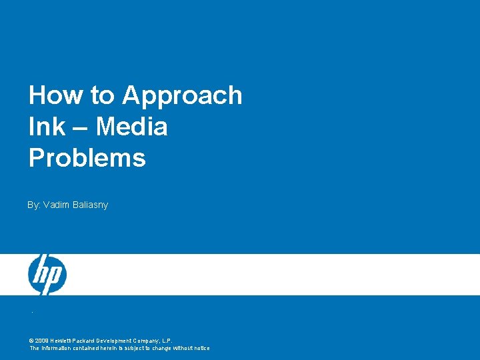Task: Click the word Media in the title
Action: click(131, 127)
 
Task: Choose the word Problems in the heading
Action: click(87, 158)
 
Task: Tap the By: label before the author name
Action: click(33, 205)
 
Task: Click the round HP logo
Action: click(47, 275)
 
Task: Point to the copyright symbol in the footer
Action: click(31, 341)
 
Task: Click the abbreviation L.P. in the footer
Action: click(167, 341)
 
